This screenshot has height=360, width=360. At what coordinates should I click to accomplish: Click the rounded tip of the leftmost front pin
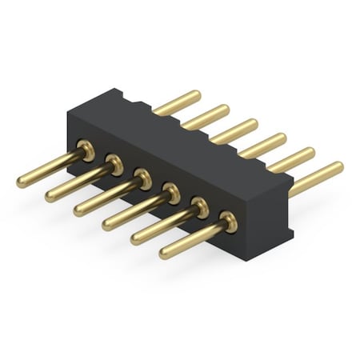tap(22, 182)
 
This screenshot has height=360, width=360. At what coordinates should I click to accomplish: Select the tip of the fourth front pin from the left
tap(107, 225)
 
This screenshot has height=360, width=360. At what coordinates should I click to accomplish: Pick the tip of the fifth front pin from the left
tap(136, 239)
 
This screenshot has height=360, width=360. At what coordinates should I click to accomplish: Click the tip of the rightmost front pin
tap(165, 254)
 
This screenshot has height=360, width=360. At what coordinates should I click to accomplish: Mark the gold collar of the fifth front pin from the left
tap(199, 207)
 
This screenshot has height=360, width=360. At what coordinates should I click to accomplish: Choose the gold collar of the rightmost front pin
tap(228, 221)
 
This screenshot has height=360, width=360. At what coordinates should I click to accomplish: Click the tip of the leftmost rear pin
tap(195, 96)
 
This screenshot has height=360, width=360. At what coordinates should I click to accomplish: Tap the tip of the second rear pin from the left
tap(224, 110)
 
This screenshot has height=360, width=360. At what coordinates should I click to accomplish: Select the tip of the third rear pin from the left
tap(253, 125)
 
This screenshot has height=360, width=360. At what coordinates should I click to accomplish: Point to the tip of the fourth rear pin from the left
tap(282, 139)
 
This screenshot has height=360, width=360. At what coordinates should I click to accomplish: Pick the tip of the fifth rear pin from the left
tap(310, 153)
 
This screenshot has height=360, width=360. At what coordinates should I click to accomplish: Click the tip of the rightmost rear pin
tap(338, 167)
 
